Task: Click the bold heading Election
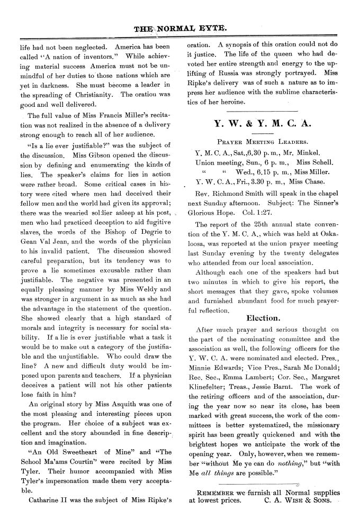[263, 318]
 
